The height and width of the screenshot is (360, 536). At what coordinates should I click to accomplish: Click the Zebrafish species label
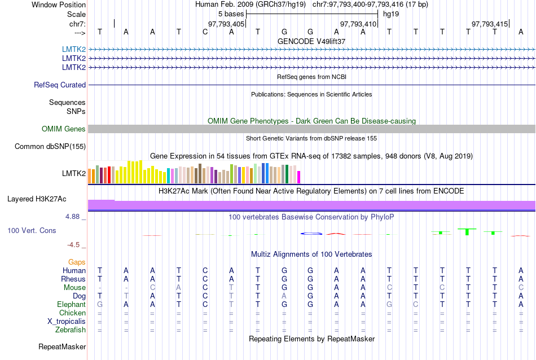tap(71, 330)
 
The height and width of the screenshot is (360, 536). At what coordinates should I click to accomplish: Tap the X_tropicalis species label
tap(67, 322)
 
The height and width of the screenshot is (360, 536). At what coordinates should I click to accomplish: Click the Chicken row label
tap(72, 313)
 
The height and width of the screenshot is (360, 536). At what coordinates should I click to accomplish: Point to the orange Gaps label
tap(77, 262)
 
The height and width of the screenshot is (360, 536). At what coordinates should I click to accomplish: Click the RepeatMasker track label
tap(62, 346)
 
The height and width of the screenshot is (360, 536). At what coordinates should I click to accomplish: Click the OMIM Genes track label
tap(64, 129)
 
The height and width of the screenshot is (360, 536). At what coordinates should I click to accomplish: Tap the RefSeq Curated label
tap(60, 85)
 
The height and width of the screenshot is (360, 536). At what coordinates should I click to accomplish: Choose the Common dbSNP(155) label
tap(50, 147)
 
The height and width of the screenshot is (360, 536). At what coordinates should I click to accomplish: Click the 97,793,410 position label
tap(358, 24)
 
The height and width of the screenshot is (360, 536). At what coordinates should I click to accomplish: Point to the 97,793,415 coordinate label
tap(490, 24)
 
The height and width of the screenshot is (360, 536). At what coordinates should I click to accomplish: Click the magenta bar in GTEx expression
tap(299, 177)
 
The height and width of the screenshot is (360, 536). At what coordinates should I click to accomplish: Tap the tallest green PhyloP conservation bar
tap(467, 231)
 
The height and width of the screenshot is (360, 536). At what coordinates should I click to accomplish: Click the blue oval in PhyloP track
tap(311, 233)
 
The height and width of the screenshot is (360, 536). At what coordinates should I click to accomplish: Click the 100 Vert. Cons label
tap(32, 231)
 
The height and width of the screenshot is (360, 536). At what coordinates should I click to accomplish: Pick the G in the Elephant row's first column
tap(100, 305)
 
